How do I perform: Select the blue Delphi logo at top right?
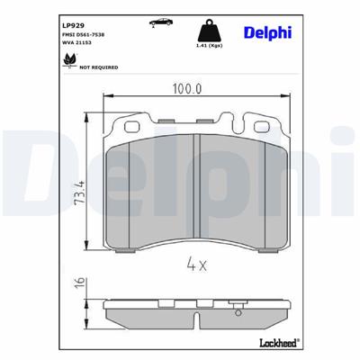[268, 32]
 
